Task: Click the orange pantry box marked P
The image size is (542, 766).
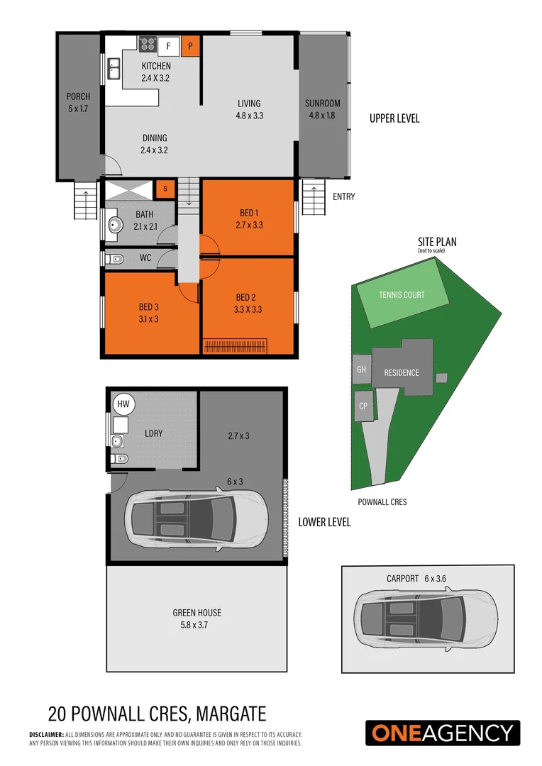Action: tap(190, 47)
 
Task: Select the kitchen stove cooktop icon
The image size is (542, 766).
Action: tap(148, 45)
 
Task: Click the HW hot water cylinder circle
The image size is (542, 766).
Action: tap(123, 404)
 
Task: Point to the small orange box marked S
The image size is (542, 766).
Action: tap(165, 188)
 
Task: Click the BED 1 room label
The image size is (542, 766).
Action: tap(248, 213)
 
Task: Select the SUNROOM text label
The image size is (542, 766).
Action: tap(323, 104)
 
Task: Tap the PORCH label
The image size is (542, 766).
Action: tap(78, 96)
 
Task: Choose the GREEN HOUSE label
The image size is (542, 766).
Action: tap(197, 613)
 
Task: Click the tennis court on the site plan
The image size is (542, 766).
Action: tap(402, 294)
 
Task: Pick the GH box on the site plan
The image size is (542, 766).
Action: tap(361, 370)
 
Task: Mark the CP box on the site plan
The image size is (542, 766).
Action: tap(363, 406)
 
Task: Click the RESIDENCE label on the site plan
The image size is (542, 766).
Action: tap(402, 372)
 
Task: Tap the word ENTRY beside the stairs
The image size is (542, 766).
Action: tap(343, 196)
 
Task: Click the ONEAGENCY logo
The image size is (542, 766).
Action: tap(443, 733)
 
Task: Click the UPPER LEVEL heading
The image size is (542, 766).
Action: tap(394, 118)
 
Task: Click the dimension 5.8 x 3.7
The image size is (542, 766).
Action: tap(197, 625)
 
